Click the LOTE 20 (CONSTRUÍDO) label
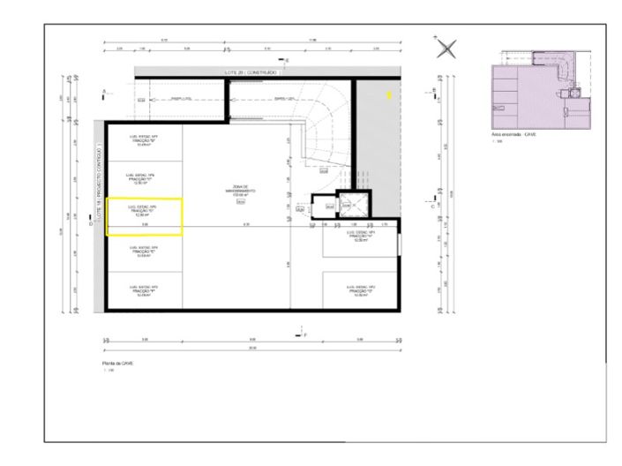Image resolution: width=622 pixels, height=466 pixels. pos(249,71)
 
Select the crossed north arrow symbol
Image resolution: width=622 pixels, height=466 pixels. pos(447,49)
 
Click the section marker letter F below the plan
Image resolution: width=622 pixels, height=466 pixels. pos(304,335)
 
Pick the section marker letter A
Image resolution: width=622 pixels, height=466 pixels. pos(104,92)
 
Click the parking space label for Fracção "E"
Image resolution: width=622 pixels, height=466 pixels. pos(144,250)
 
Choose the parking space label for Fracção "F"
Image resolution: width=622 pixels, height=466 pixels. pos(144,290)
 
